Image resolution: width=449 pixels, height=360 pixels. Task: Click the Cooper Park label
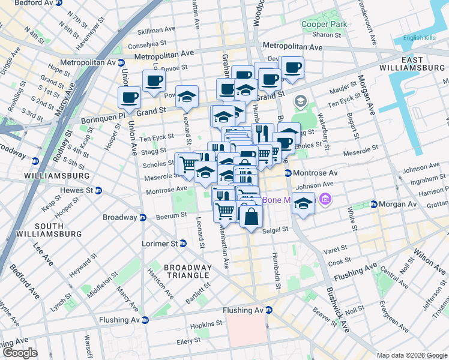324,24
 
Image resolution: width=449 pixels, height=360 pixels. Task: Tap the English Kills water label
421,38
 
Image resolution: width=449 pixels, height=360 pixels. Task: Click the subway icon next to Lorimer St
183,244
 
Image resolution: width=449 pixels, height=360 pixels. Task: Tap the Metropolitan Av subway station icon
121,62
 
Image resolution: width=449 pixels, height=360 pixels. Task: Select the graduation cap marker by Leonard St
187,98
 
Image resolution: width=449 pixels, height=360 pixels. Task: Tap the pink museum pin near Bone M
325,198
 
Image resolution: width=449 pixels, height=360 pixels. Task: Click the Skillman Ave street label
156,31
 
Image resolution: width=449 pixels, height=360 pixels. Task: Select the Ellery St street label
188,340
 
